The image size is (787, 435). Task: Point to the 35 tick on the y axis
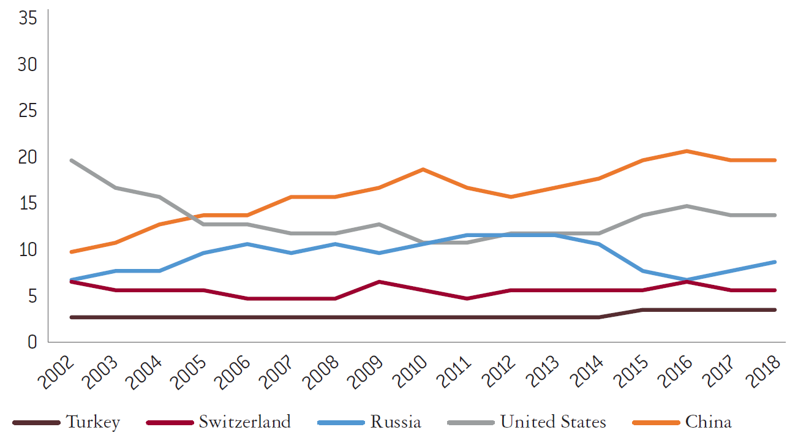(x=28, y=18)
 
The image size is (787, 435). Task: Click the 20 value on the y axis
(x=28, y=157)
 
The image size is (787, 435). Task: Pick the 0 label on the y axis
(x=32, y=341)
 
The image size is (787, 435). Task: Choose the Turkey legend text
(x=93, y=422)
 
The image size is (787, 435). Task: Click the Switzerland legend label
(x=244, y=422)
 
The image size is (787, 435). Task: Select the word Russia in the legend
(x=396, y=422)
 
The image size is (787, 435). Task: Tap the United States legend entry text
(x=553, y=422)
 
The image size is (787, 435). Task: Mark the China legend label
(x=709, y=422)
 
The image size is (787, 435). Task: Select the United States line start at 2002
(x=72, y=161)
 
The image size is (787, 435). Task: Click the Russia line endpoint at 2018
(x=775, y=262)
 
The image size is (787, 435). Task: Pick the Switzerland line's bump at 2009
(x=380, y=282)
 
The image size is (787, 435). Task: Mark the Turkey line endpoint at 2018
(x=775, y=310)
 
